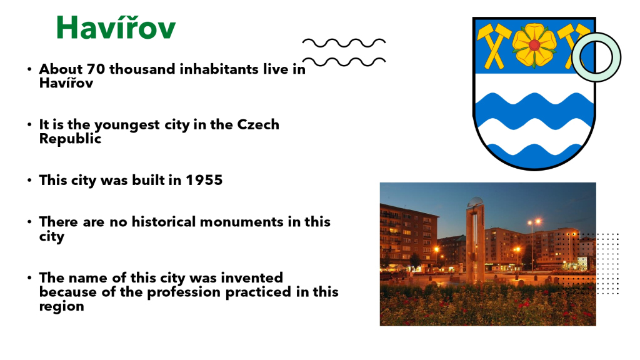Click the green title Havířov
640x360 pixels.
[x=116, y=27]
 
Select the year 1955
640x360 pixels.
[x=204, y=180]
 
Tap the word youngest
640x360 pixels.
[x=127, y=125]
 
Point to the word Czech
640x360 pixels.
[x=258, y=124]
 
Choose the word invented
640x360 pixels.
[x=252, y=277]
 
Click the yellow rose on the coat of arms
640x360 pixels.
[x=534, y=45]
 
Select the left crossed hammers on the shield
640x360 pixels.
[x=494, y=46]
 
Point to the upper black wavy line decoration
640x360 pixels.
[x=344, y=43]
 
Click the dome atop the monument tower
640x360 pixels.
[x=475, y=202]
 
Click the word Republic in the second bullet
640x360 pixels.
[x=70, y=139]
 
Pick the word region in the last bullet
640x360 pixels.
[x=62, y=307]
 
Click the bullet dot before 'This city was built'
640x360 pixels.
[x=29, y=180]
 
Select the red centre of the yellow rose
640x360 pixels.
[x=534, y=45]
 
